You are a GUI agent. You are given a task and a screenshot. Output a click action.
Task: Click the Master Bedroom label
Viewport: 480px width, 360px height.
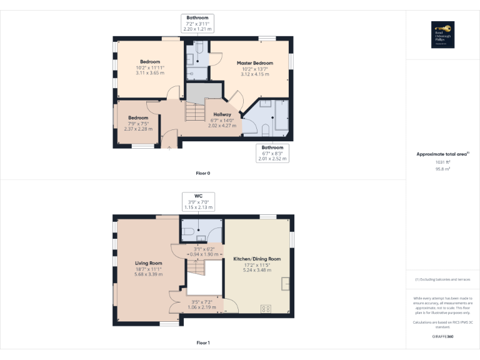pyautogui.click(x=254, y=64)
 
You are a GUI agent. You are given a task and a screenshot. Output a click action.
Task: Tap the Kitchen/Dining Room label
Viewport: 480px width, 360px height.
pyautogui.click(x=257, y=259)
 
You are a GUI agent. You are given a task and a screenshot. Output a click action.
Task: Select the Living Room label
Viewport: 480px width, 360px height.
pyautogui.click(x=149, y=263)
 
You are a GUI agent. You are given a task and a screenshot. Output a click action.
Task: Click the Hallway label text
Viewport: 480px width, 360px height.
pyautogui.click(x=222, y=114)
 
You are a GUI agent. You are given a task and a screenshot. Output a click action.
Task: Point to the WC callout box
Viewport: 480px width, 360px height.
pyautogui.click(x=199, y=201)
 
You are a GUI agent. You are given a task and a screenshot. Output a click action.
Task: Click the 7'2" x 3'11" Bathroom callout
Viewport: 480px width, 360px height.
pyautogui.click(x=197, y=23)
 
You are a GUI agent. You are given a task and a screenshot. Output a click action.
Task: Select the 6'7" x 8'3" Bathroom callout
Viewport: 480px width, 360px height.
pyautogui.click(x=272, y=153)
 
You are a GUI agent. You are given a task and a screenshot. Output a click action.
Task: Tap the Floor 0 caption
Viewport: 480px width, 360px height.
pyautogui.click(x=203, y=172)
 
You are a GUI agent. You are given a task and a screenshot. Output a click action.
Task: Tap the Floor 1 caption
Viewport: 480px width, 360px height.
pyautogui.click(x=203, y=342)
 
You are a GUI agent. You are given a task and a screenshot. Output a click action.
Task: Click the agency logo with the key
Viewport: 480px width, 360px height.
pyautogui.click(x=443, y=34)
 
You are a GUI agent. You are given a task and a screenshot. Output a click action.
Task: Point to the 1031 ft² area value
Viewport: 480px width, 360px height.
pyautogui.click(x=443, y=162)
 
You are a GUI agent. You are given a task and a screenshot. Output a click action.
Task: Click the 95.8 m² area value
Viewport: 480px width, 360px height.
pyautogui.click(x=443, y=168)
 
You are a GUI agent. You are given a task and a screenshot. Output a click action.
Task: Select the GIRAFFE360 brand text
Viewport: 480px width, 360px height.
pyautogui.click(x=443, y=336)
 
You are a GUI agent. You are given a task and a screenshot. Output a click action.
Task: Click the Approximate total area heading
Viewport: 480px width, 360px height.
pyautogui.click(x=442, y=154)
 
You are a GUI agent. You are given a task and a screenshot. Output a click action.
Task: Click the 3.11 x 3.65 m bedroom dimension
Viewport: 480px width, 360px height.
pyautogui.click(x=150, y=72)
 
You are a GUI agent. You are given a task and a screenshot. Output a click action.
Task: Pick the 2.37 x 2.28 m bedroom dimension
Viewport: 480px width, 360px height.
pyautogui.click(x=138, y=129)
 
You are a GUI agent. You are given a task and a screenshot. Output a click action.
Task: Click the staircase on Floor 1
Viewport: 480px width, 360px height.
pyautogui.click(x=196, y=271)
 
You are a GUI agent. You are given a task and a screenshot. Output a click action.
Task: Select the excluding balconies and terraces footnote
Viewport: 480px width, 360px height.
pyautogui.click(x=443, y=279)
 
